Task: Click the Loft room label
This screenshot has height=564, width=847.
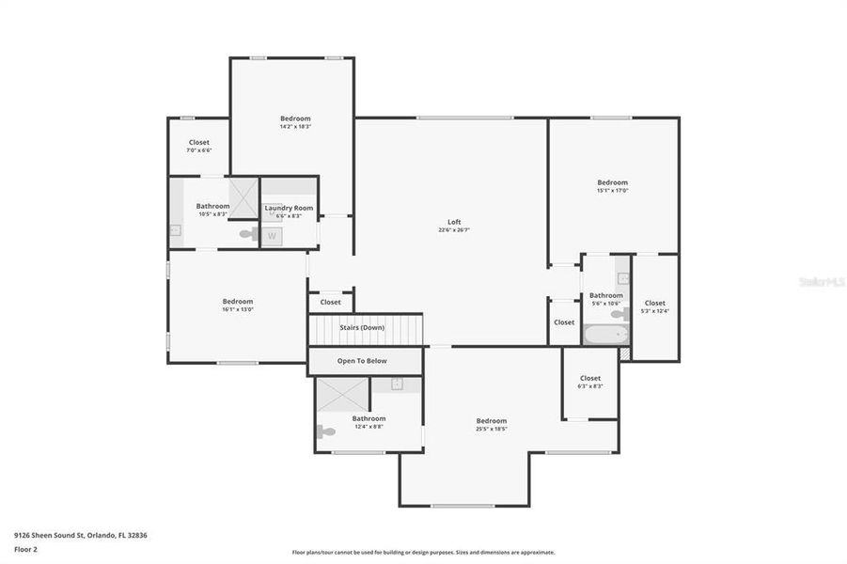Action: click(x=454, y=222)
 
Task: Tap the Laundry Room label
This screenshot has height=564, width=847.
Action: click(x=289, y=208)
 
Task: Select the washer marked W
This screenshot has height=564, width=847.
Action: click(x=272, y=236)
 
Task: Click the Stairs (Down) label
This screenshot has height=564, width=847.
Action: click(x=361, y=327)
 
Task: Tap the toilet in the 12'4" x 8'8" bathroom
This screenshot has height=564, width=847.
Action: click(x=325, y=432)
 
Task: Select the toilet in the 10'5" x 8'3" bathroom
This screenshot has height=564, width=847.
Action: click(x=248, y=234)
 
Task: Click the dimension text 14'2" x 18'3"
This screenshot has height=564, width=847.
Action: click(x=295, y=126)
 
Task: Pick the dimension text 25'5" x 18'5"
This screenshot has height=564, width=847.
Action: click(x=491, y=429)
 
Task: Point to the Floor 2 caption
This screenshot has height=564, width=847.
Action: click(x=25, y=548)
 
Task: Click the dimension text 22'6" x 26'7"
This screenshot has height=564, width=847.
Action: click(x=454, y=229)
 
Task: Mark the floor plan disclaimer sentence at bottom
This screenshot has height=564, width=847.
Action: click(x=423, y=553)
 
